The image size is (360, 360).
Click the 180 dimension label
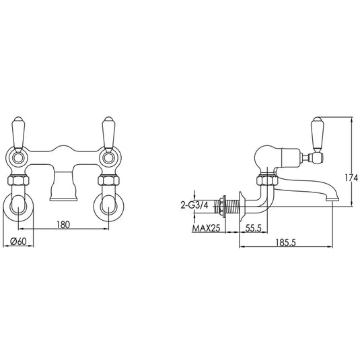[63, 225]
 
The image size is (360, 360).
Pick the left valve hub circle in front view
[17, 159]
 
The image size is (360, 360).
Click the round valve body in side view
[265, 159]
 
